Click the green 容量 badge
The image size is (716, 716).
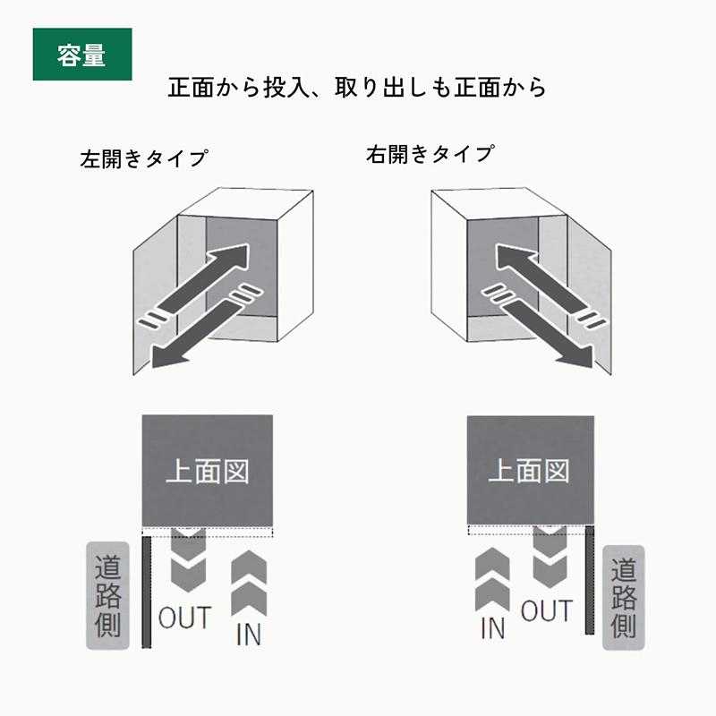pos(81,55)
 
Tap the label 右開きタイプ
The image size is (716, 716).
pos(430,154)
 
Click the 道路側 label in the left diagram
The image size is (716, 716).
pos(107,595)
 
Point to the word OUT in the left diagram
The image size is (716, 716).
pos(184,618)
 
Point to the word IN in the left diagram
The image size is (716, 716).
pos(248,635)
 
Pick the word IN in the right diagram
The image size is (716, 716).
pos(492,627)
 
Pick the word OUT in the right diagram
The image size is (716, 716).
pos(546,611)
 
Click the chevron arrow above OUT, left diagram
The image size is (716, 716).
pos(186,558)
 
